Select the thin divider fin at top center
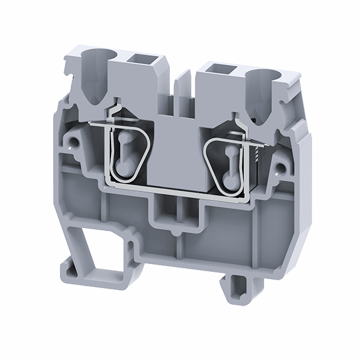(184, 81)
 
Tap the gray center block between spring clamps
(179, 150)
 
